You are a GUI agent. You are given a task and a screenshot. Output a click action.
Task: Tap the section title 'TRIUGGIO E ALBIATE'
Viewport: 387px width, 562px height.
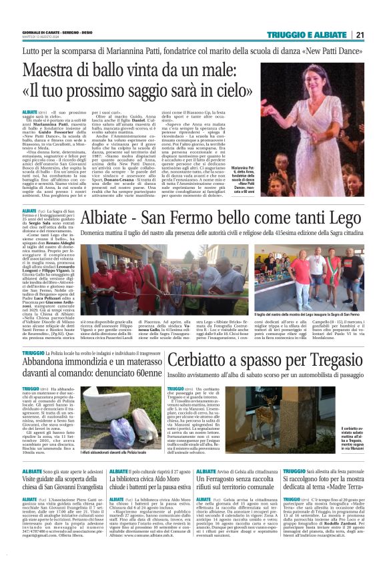click(307, 35)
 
